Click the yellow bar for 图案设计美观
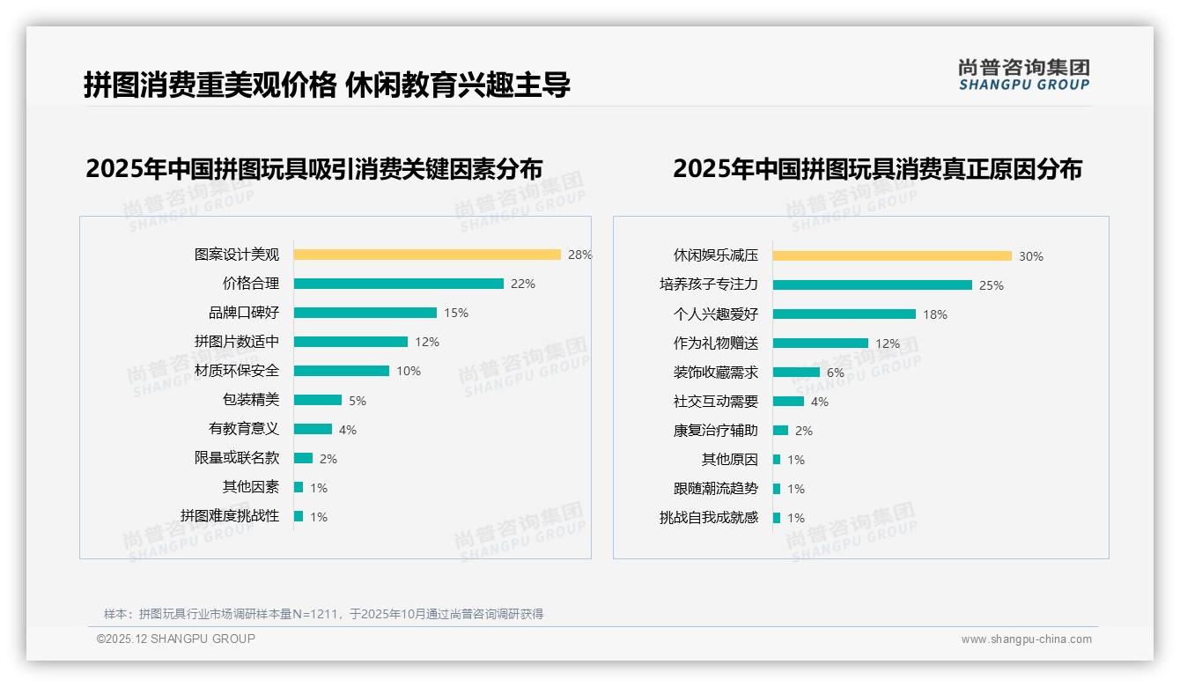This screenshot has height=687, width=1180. tap(427, 255)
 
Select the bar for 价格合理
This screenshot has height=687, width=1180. tap(398, 284)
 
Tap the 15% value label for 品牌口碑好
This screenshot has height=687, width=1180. tap(456, 313)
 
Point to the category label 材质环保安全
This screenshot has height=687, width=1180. tap(237, 371)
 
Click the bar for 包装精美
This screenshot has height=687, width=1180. tap(317, 400)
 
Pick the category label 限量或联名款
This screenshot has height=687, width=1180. tap(237, 458)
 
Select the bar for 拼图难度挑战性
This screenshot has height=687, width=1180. tap(299, 516)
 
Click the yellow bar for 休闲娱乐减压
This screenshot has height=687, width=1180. tap(892, 256)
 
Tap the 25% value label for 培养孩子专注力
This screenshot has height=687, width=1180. tap(992, 285)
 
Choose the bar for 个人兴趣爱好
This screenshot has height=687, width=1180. tap(844, 314)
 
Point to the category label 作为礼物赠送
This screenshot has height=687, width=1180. tap(716, 343)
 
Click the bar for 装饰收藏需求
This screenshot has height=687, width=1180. tap(796, 373)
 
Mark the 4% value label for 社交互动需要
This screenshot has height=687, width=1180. tap(820, 402)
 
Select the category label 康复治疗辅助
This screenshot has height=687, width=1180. tap(716, 431)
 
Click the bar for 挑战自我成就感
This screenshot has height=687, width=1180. tap(777, 518)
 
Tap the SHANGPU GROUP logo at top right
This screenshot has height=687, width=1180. tap(1024, 75)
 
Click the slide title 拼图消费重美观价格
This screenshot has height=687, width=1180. tap(210, 85)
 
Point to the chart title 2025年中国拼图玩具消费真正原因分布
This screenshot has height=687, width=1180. tap(877, 168)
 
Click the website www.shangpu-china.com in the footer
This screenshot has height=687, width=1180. tap(1026, 639)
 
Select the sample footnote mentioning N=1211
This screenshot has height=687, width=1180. tap(323, 614)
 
